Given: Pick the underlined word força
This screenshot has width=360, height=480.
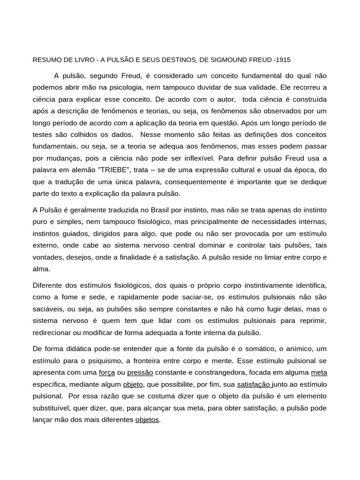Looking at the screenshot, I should [107, 373].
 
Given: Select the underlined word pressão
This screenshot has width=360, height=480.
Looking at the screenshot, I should [140, 373].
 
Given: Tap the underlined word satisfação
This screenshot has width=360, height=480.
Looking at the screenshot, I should [254, 384].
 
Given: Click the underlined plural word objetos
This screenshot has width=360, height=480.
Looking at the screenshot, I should [147, 420].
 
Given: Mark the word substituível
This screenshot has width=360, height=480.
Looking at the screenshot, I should [52, 408].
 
